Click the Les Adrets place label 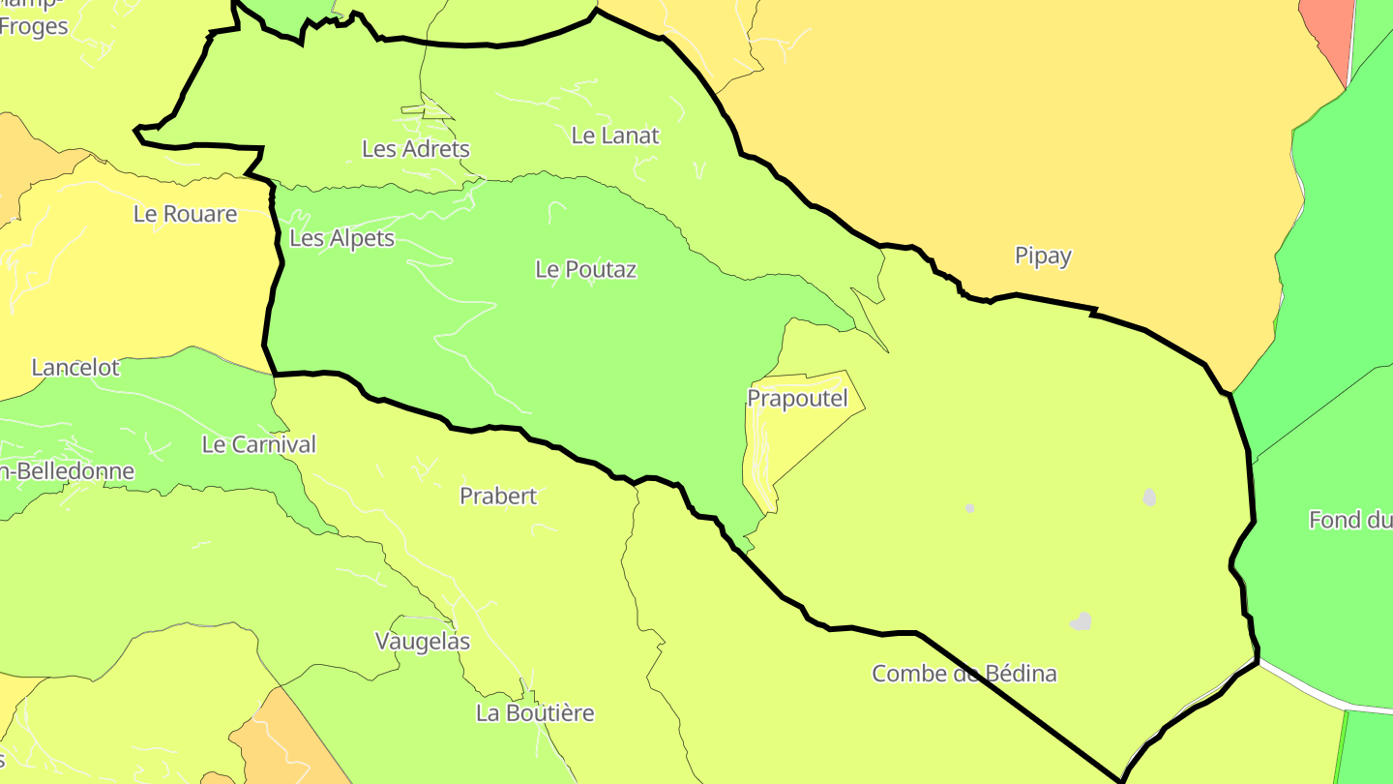click(415, 149)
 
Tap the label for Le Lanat click(615, 136)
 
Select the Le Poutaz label click(585, 269)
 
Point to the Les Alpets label click(341, 238)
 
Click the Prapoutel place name click(797, 398)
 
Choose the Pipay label click(1043, 256)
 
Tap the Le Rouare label click(185, 214)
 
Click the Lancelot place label click(75, 368)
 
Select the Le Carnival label click(258, 444)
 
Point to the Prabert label click(498, 497)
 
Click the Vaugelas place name click(422, 642)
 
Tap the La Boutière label click(535, 713)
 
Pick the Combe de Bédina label click(963, 674)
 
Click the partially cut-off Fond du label click(1349, 520)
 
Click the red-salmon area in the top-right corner click(1331, 29)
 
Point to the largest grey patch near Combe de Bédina click(1082, 621)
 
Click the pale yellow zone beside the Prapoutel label click(822, 426)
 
